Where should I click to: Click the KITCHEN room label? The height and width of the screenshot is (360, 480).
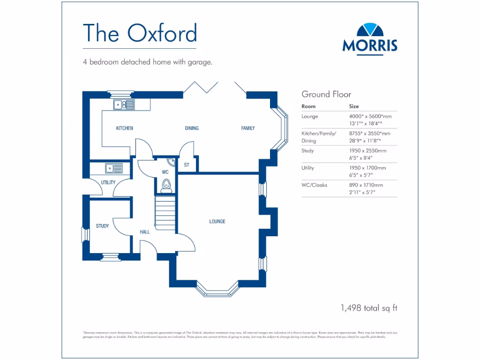tap(125, 128)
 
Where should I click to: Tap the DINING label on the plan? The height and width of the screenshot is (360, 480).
tap(192, 128)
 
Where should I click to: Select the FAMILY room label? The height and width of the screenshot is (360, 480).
tap(248, 128)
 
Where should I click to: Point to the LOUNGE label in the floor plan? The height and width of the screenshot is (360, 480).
tap(217, 221)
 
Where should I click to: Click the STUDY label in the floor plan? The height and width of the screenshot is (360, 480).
tap(102, 226)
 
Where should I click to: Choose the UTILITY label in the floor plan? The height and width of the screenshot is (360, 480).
tap(108, 182)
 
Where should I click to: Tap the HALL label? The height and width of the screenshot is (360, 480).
tap(145, 232)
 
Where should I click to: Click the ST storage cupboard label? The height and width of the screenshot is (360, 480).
tap(187, 165)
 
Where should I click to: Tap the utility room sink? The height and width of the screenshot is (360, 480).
tap(114, 167)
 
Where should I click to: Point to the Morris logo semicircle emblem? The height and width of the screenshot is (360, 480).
tap(370, 30)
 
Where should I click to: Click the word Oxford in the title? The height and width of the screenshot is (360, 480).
tap(162, 33)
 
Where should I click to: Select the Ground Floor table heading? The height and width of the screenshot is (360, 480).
tap(326, 94)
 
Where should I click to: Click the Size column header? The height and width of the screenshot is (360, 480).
tap(354, 106)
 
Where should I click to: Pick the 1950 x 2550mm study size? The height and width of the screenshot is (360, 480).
tap(367, 151)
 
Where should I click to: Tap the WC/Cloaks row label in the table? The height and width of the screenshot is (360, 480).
tap(315, 185)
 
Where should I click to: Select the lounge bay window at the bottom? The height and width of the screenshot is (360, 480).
tap(217, 291)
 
